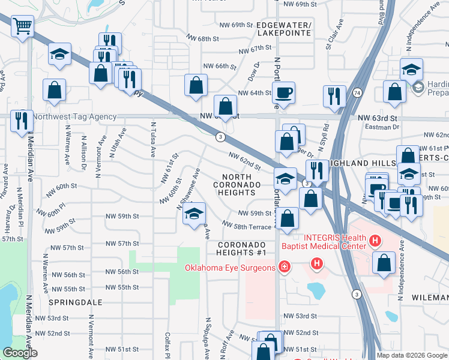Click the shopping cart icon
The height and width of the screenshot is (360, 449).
point(23,26)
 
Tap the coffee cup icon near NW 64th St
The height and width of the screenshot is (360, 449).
point(283,92)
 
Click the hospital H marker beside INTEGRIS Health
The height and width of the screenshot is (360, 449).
point(375,242)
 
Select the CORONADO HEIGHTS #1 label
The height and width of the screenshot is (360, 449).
point(241,248)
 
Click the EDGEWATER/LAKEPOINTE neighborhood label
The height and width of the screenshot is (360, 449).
point(283,29)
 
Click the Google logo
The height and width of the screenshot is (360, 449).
point(20,353)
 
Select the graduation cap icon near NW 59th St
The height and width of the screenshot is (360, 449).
point(194,214)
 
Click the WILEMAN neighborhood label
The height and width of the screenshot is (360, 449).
point(430,298)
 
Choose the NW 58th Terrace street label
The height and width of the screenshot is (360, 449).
point(246,225)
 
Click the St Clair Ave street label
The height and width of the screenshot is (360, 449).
point(334,37)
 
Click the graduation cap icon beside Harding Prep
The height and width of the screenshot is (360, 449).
point(412,69)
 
